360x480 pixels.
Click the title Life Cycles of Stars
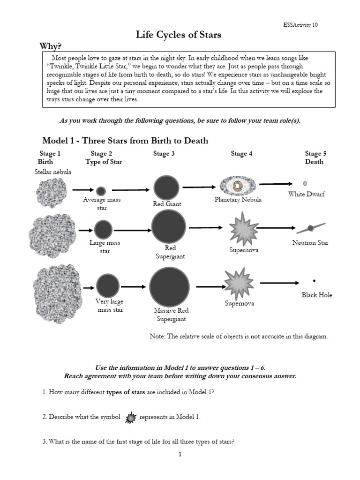click(x=178, y=35)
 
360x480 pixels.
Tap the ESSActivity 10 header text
click(x=300, y=25)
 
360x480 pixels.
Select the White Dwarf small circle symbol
click(x=305, y=183)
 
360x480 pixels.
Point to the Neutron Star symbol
click(x=310, y=228)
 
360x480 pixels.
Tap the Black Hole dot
click(x=314, y=281)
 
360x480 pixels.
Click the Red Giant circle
click(x=166, y=187)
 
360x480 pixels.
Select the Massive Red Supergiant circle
click(x=169, y=287)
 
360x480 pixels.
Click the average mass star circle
click(x=101, y=190)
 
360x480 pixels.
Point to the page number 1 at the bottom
click(x=180, y=454)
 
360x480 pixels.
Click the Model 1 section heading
click(x=125, y=141)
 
